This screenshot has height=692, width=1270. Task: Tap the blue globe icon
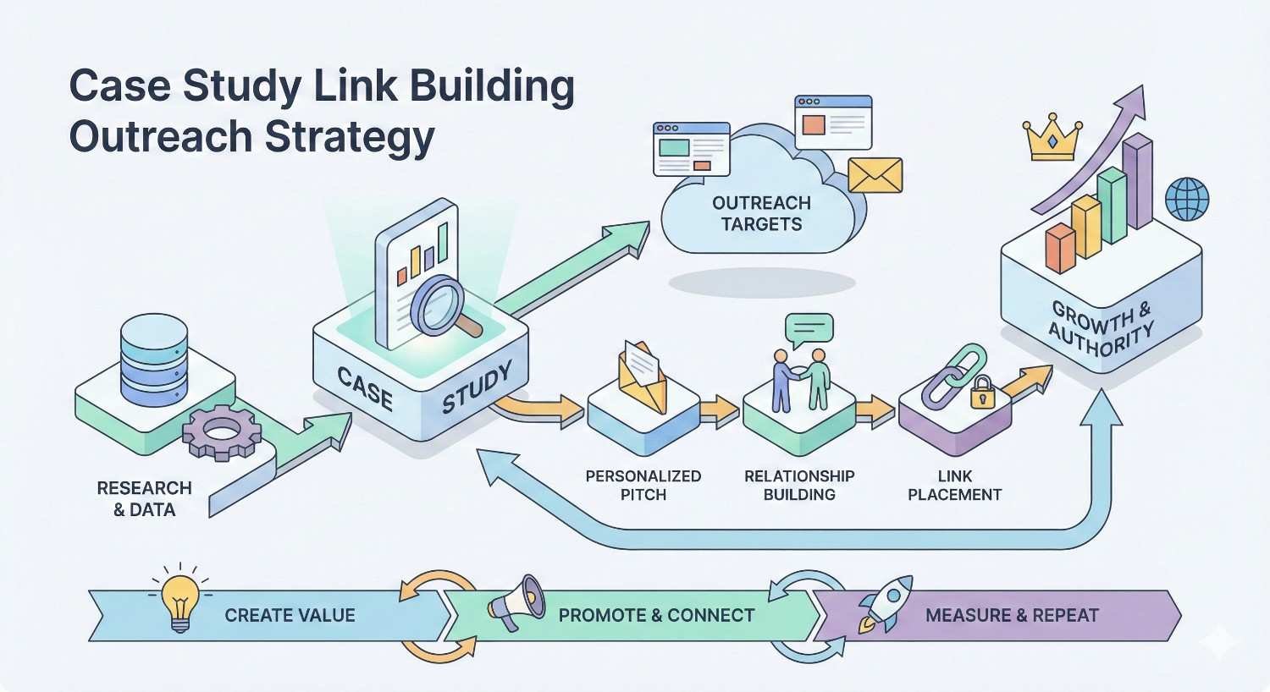point(1187,199)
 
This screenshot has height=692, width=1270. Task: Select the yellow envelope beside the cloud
point(875,175)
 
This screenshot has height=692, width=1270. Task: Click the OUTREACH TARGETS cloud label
point(761,213)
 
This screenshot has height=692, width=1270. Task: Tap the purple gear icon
point(222,431)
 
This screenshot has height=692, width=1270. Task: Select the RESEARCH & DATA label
point(144,499)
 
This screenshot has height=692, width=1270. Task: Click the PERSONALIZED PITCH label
point(643,486)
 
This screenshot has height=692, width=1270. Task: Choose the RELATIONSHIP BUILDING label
point(799,486)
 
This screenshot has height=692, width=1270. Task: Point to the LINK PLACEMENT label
point(954,486)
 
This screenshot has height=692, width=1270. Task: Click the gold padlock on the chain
point(983,393)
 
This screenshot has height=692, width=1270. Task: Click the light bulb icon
point(179,600)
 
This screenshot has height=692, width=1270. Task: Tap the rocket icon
point(885,602)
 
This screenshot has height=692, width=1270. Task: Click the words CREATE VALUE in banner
point(290,616)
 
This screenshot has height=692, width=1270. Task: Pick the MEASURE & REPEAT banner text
point(1012,616)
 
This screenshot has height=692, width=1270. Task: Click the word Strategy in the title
point(350,137)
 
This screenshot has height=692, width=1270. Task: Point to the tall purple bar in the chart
point(1137,182)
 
